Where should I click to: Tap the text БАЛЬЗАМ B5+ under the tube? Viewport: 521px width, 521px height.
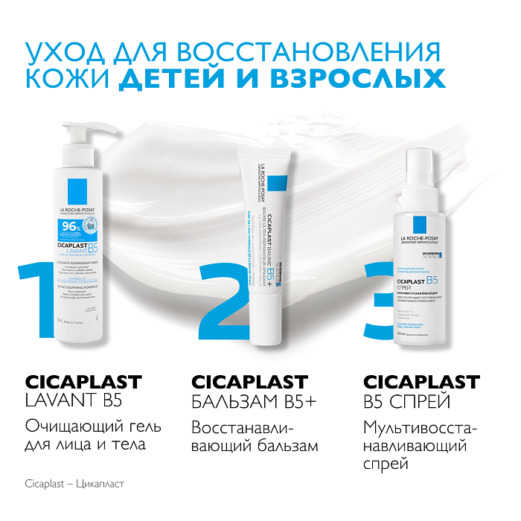tap(254, 403)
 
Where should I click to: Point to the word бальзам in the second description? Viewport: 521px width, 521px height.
tap(286, 446)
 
